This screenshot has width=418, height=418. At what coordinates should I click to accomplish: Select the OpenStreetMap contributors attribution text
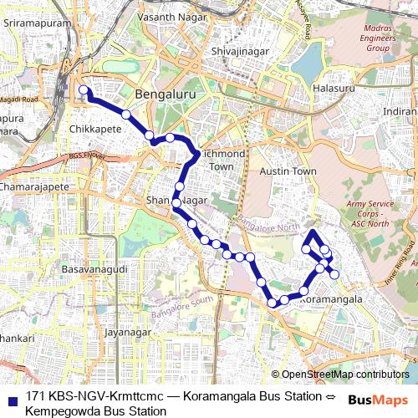(x=340, y=375)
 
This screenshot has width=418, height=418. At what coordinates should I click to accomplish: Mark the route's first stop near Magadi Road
(x=83, y=90)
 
